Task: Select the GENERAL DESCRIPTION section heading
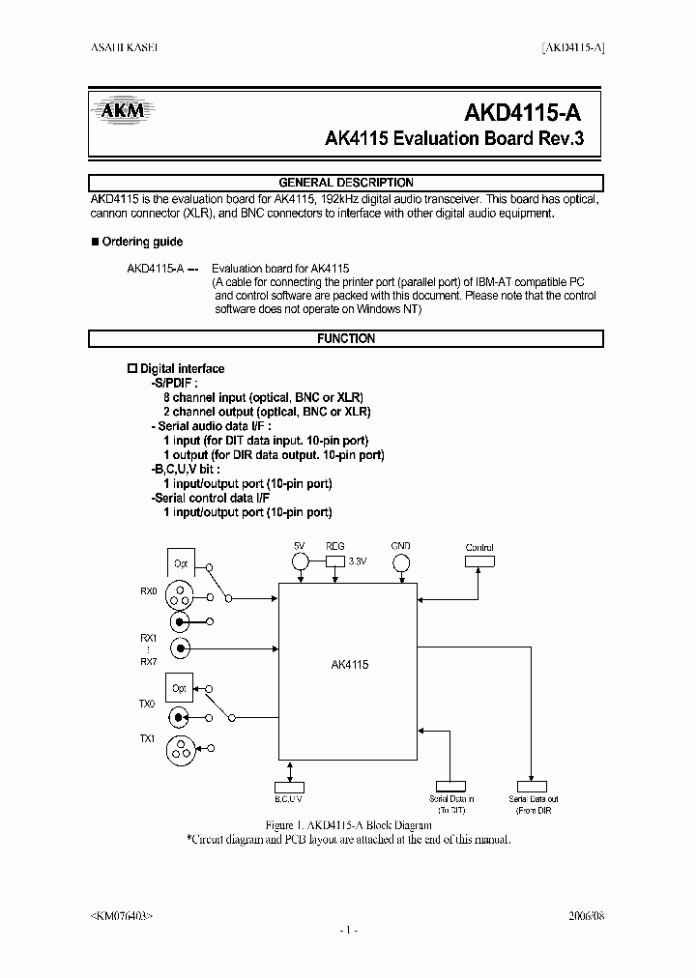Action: coord(346,183)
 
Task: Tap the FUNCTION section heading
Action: coord(346,339)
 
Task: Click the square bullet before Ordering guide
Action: coord(94,242)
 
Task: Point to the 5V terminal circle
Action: coord(301,561)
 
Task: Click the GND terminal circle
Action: coord(401,561)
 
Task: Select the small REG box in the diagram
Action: coord(335,561)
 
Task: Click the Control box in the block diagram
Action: coord(479,561)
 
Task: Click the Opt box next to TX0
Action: coord(179,688)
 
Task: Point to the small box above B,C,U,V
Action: coord(289,787)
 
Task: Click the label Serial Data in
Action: coord(451,799)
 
